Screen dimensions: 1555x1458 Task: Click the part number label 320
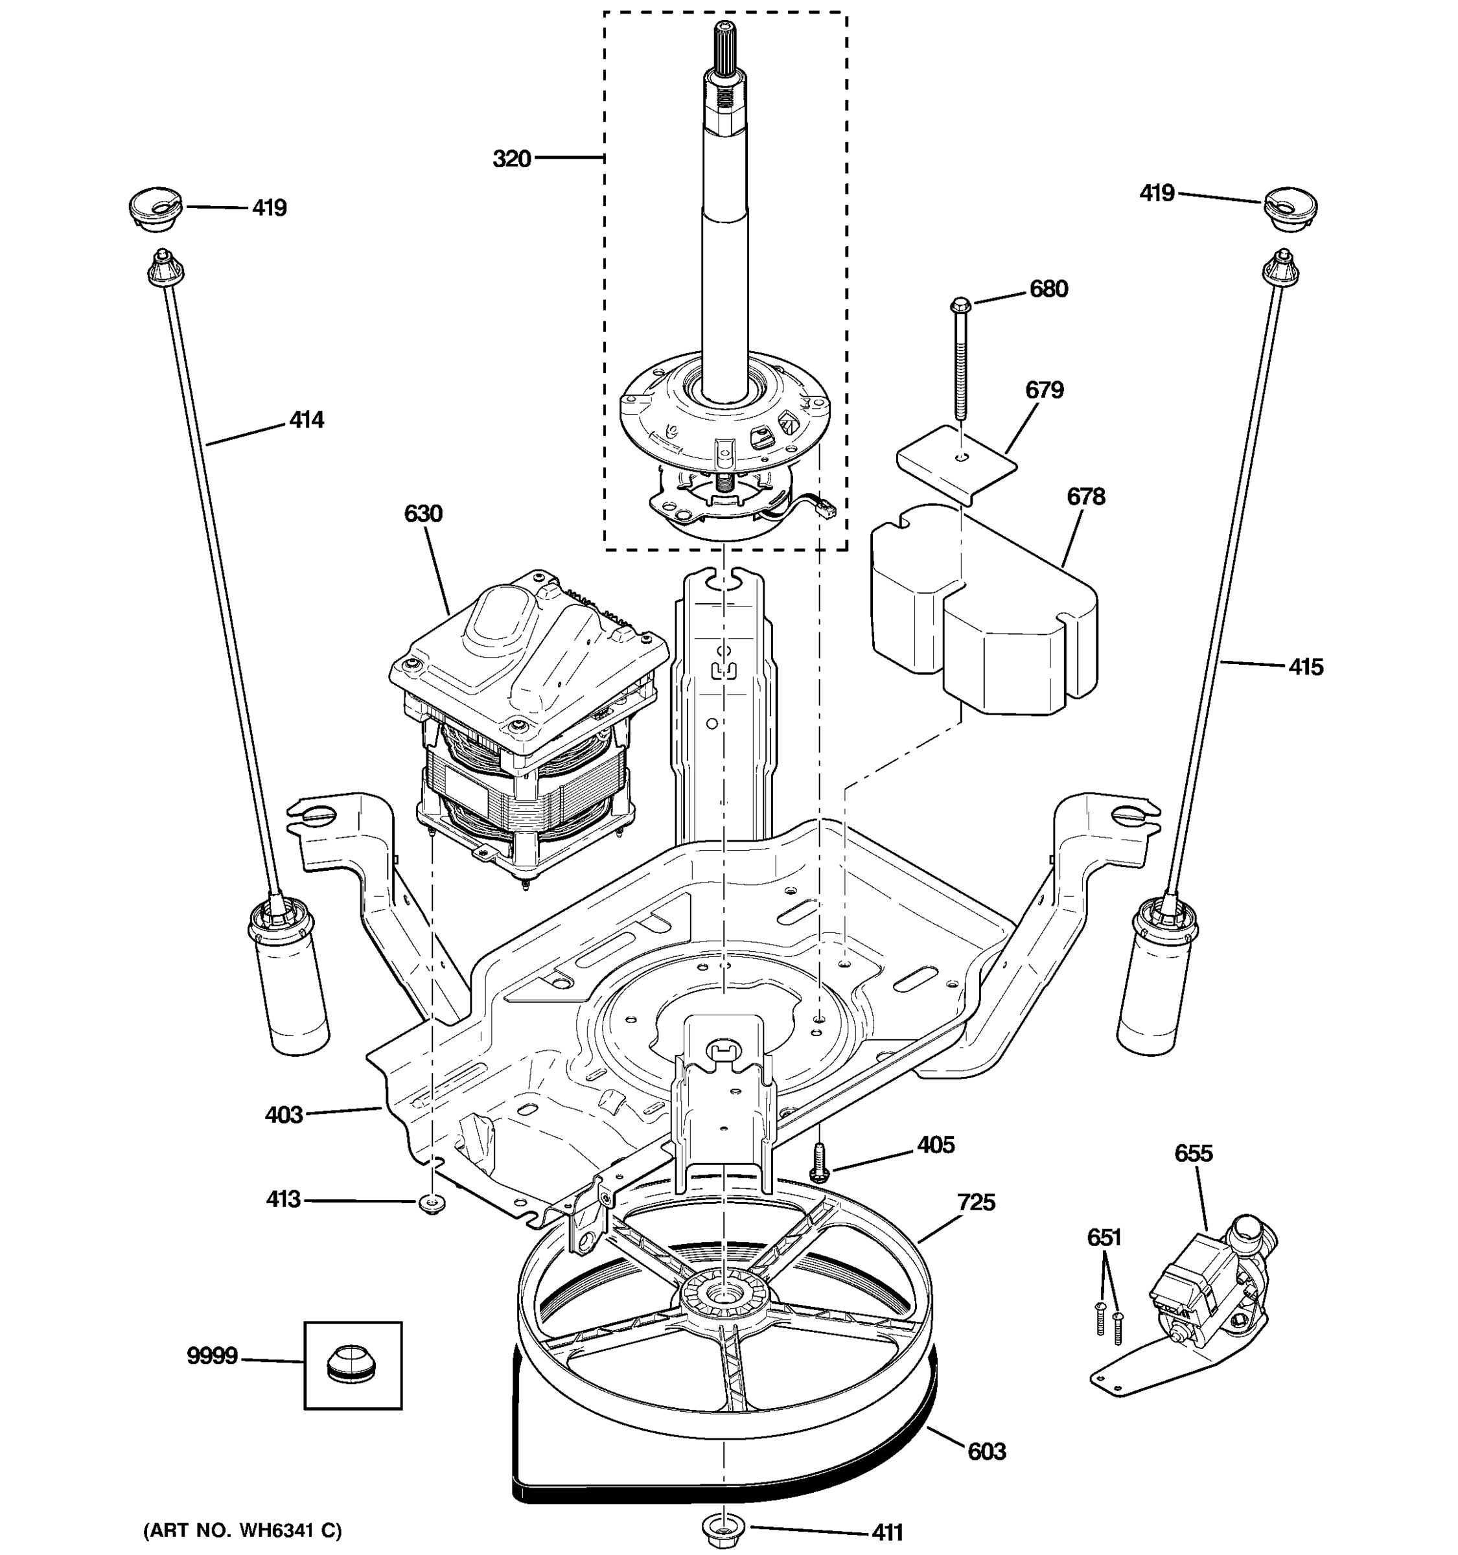pos(511,159)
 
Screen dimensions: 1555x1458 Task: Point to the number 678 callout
pos(1085,497)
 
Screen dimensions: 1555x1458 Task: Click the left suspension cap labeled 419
pos(155,209)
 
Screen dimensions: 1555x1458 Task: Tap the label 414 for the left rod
pos(306,420)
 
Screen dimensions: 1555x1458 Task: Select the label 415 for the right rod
pos(1306,667)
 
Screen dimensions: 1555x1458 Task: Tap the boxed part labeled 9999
pos(353,1366)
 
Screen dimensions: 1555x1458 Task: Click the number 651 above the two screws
pos(1104,1238)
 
